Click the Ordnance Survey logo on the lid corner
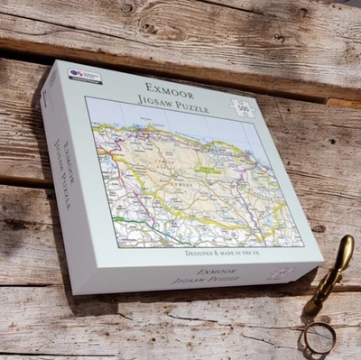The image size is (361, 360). click(x=85, y=76)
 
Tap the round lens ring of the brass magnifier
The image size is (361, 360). click(x=318, y=337)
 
